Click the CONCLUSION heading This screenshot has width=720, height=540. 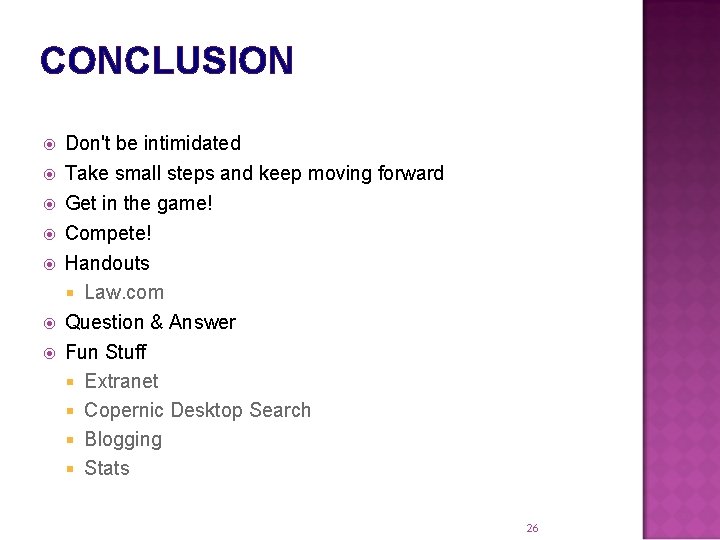167,61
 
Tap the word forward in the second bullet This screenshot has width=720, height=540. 411,173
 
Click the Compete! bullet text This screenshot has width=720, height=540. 108,233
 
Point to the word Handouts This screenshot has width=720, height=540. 107,263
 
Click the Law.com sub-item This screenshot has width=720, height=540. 124,292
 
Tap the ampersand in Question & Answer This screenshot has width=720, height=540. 157,322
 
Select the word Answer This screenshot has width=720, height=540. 203,322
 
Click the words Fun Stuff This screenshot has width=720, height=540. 105,352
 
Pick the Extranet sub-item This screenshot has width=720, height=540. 121,381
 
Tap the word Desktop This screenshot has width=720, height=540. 206,410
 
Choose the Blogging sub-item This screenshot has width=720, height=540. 123,439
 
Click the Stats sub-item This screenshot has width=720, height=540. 107,468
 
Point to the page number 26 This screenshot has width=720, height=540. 532,528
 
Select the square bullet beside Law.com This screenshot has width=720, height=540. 71,293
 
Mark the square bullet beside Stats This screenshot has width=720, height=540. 71,469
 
